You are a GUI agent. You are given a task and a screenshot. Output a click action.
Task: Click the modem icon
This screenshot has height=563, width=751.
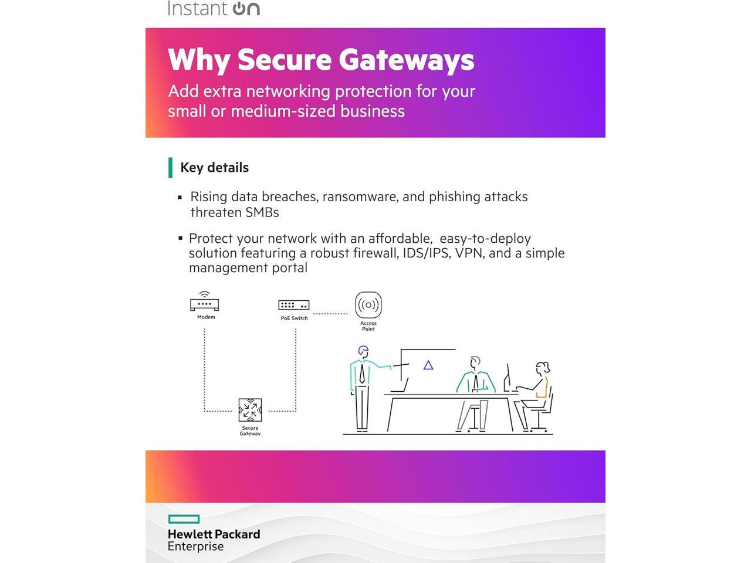pyautogui.click(x=204, y=303)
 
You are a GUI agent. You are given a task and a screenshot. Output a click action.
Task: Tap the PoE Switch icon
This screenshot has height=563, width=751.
pyautogui.click(x=293, y=305)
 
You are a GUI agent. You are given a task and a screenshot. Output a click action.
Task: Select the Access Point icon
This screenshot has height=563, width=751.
pyautogui.click(x=368, y=305)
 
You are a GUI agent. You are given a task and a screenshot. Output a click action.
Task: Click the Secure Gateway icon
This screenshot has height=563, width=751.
pyautogui.click(x=250, y=410)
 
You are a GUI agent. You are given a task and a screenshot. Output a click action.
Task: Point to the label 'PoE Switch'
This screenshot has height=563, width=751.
pyautogui.click(x=294, y=318)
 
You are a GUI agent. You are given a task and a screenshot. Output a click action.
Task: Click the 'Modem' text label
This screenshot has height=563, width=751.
pyautogui.click(x=206, y=317)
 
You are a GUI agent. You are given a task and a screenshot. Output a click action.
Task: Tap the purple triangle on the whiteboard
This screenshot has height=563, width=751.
pyautogui.click(x=428, y=365)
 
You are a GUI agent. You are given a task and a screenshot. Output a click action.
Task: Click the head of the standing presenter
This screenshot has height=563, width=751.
pyautogui.click(x=364, y=351)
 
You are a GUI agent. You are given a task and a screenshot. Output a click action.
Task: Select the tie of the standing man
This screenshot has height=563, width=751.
pyautogui.click(x=362, y=373)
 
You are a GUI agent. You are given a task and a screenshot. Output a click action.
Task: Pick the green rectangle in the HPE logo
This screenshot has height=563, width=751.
pyautogui.click(x=184, y=519)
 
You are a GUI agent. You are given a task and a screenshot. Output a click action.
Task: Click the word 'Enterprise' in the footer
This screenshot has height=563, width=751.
pyautogui.click(x=195, y=547)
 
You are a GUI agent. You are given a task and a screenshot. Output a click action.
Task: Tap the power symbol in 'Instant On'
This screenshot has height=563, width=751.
pyautogui.click(x=239, y=9)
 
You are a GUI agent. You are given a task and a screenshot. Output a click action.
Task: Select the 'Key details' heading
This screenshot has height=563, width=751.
pyautogui.click(x=214, y=168)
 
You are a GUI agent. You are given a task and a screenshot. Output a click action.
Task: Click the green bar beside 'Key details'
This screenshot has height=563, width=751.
pyautogui.click(x=170, y=168)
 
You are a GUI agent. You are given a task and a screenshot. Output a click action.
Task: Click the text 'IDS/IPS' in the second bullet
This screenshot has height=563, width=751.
pyautogui.click(x=426, y=253)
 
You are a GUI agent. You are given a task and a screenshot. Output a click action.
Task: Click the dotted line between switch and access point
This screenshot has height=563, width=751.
pyautogui.click(x=330, y=314)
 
